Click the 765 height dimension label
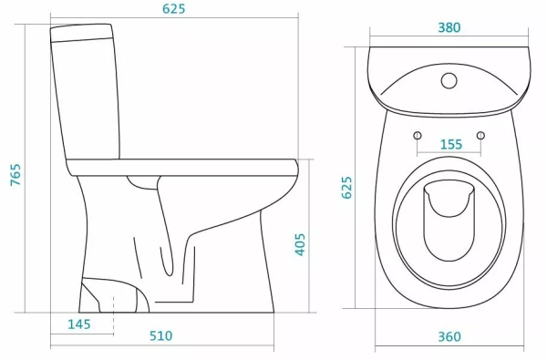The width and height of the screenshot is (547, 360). tap(15, 174)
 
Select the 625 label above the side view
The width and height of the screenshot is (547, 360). tap(174, 9)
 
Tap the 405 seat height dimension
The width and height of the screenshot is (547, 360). tap(300, 244)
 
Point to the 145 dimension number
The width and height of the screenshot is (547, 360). tap(79, 324)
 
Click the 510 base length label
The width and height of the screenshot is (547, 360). tap(161, 335)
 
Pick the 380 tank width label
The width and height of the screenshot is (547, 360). tap(449, 27)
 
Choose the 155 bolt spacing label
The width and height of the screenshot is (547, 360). tap(451, 144)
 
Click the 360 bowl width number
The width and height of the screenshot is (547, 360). tap(449, 336)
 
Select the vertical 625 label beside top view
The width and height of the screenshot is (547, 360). tap(346, 188)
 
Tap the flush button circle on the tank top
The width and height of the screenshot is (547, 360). tap(449, 80)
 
